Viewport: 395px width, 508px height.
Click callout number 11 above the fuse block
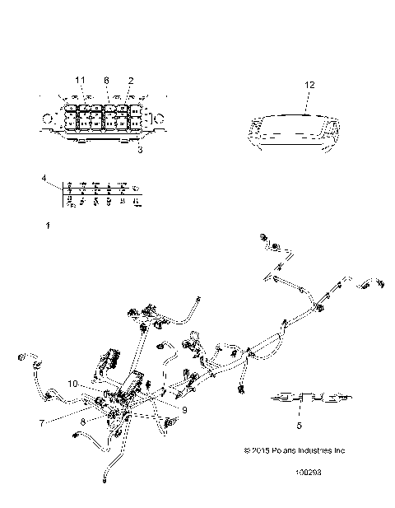tap(81, 79)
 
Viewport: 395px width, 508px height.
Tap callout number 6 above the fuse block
tap(105, 79)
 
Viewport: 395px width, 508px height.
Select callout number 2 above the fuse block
tap(130, 79)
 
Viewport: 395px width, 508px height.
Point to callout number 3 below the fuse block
tap(140, 151)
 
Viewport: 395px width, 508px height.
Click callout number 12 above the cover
tap(309, 84)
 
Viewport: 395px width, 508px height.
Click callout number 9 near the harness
tap(184, 409)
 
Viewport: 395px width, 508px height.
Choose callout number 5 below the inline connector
tap(299, 425)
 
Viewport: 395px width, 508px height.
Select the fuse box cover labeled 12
tap(294, 129)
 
